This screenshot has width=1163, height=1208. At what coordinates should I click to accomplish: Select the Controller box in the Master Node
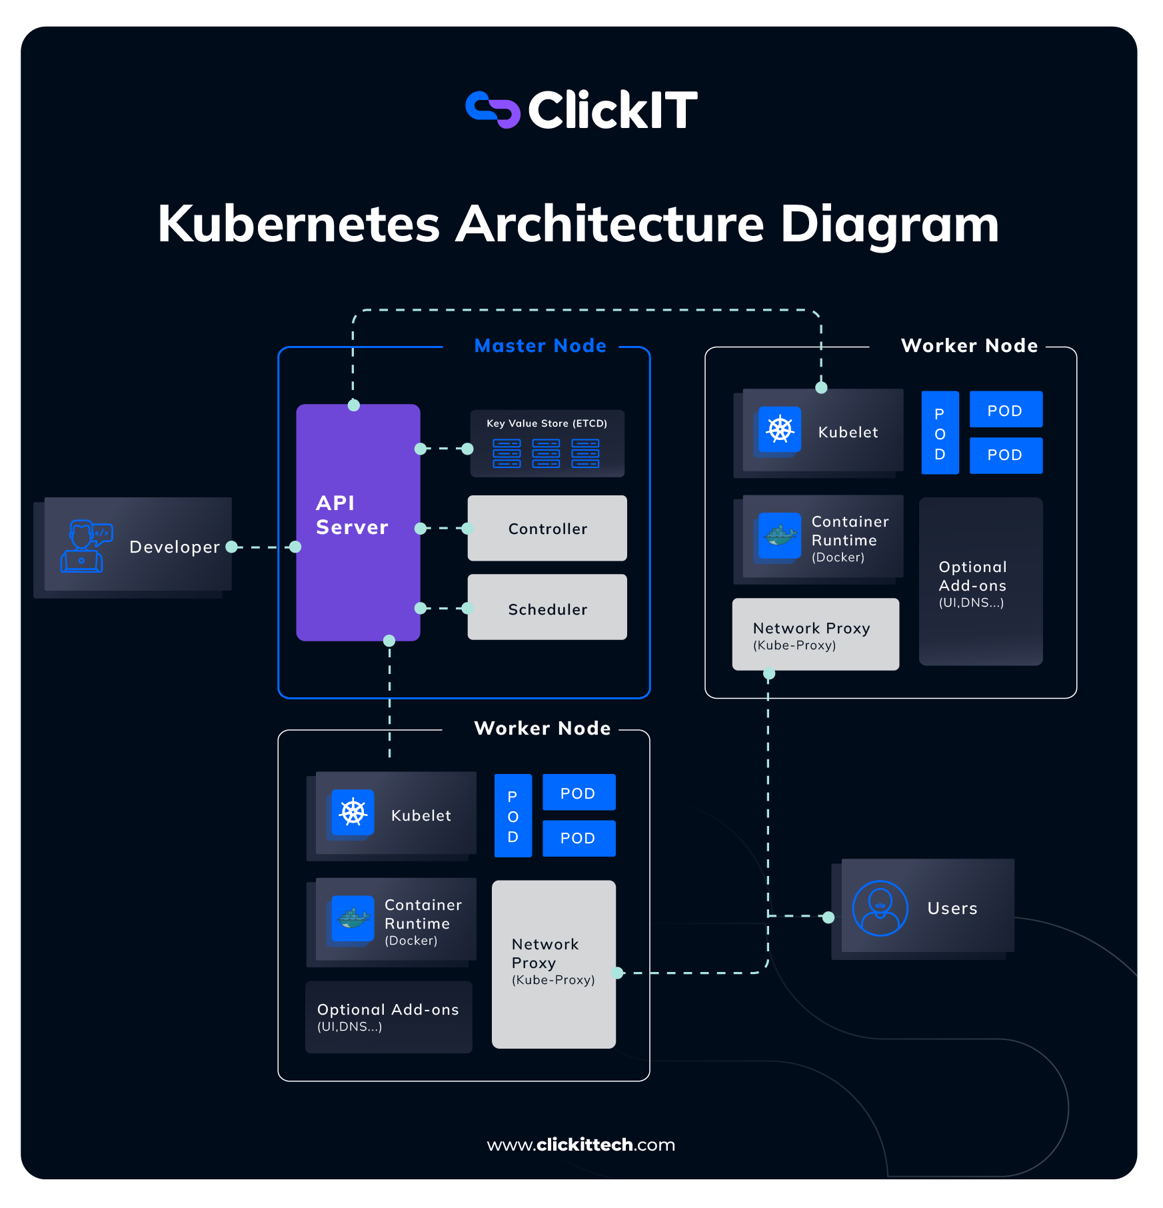[x=547, y=528]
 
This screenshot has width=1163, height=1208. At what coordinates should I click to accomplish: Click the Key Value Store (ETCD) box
[x=547, y=443]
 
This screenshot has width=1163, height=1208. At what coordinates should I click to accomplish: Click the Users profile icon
[x=880, y=908]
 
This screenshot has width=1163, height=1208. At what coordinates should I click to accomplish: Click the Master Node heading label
[x=540, y=345]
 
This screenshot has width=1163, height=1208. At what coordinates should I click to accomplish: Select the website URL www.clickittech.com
[x=581, y=1145]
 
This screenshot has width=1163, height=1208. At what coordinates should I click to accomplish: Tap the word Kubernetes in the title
[x=299, y=224]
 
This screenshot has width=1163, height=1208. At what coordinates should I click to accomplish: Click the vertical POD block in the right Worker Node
[x=940, y=433]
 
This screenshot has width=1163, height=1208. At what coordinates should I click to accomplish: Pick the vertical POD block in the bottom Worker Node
[x=513, y=815]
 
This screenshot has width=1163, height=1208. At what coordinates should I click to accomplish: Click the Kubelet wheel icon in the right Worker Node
[x=780, y=429]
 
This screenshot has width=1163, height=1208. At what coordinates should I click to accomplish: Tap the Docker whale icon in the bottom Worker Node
[x=353, y=918]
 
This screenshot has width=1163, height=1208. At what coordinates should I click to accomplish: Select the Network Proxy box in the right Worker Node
[x=815, y=634]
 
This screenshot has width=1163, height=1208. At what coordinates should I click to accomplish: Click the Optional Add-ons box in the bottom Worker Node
[x=389, y=1017]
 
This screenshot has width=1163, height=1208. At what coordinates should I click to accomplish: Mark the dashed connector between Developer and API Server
[x=263, y=547]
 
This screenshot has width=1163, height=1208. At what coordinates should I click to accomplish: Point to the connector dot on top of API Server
[x=354, y=405]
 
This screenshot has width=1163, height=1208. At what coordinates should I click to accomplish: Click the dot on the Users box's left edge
[x=828, y=917]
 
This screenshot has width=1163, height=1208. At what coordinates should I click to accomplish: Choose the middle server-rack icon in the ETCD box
[x=546, y=453]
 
